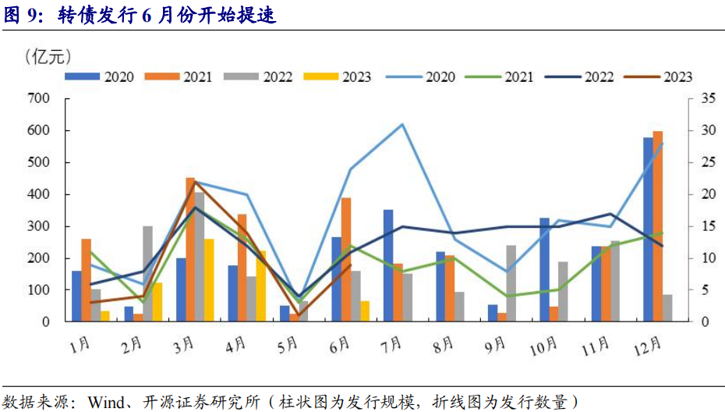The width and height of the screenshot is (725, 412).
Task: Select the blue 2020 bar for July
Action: click(x=388, y=265)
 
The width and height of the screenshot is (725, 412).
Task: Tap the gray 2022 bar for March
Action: click(x=200, y=257)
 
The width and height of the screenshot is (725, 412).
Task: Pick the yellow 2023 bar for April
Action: click(x=261, y=286)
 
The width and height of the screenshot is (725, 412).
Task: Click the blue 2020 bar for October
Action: click(x=544, y=269)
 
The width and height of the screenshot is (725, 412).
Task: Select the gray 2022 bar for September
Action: click(x=511, y=283)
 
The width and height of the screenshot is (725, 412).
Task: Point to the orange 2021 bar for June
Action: click(x=346, y=259)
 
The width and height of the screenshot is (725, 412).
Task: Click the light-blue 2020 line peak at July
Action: click(x=402, y=124)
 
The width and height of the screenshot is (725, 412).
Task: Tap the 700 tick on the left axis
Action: click(x=39, y=98)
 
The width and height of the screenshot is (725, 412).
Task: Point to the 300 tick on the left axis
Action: click(x=39, y=226)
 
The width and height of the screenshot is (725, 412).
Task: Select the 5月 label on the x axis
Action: click(x=288, y=343)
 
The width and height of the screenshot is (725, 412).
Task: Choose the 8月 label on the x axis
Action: click(x=443, y=343)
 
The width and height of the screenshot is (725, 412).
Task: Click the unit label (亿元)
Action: click(x=48, y=55)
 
